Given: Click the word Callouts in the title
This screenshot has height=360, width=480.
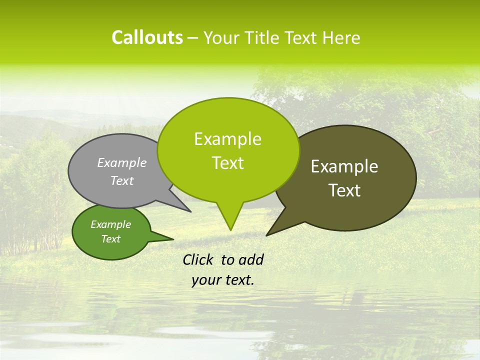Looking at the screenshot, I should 147,37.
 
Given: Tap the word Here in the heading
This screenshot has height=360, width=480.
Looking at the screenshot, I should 341,38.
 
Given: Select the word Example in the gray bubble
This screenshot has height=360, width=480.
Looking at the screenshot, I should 122,163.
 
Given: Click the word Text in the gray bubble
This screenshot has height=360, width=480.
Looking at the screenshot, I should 122,181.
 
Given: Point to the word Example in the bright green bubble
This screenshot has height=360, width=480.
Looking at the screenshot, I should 227,139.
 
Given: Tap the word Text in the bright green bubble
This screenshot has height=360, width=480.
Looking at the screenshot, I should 227,163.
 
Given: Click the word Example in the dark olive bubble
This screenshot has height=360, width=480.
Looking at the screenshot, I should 344,166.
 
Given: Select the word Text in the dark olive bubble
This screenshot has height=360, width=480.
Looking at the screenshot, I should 344,190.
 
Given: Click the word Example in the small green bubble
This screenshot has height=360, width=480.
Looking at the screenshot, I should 110,224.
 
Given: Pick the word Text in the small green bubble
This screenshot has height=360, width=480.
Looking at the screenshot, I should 110,239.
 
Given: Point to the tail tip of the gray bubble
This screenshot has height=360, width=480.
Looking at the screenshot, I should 190,211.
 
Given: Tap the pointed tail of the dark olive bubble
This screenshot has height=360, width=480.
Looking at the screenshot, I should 268,234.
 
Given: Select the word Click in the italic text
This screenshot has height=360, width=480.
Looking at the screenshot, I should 198,260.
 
